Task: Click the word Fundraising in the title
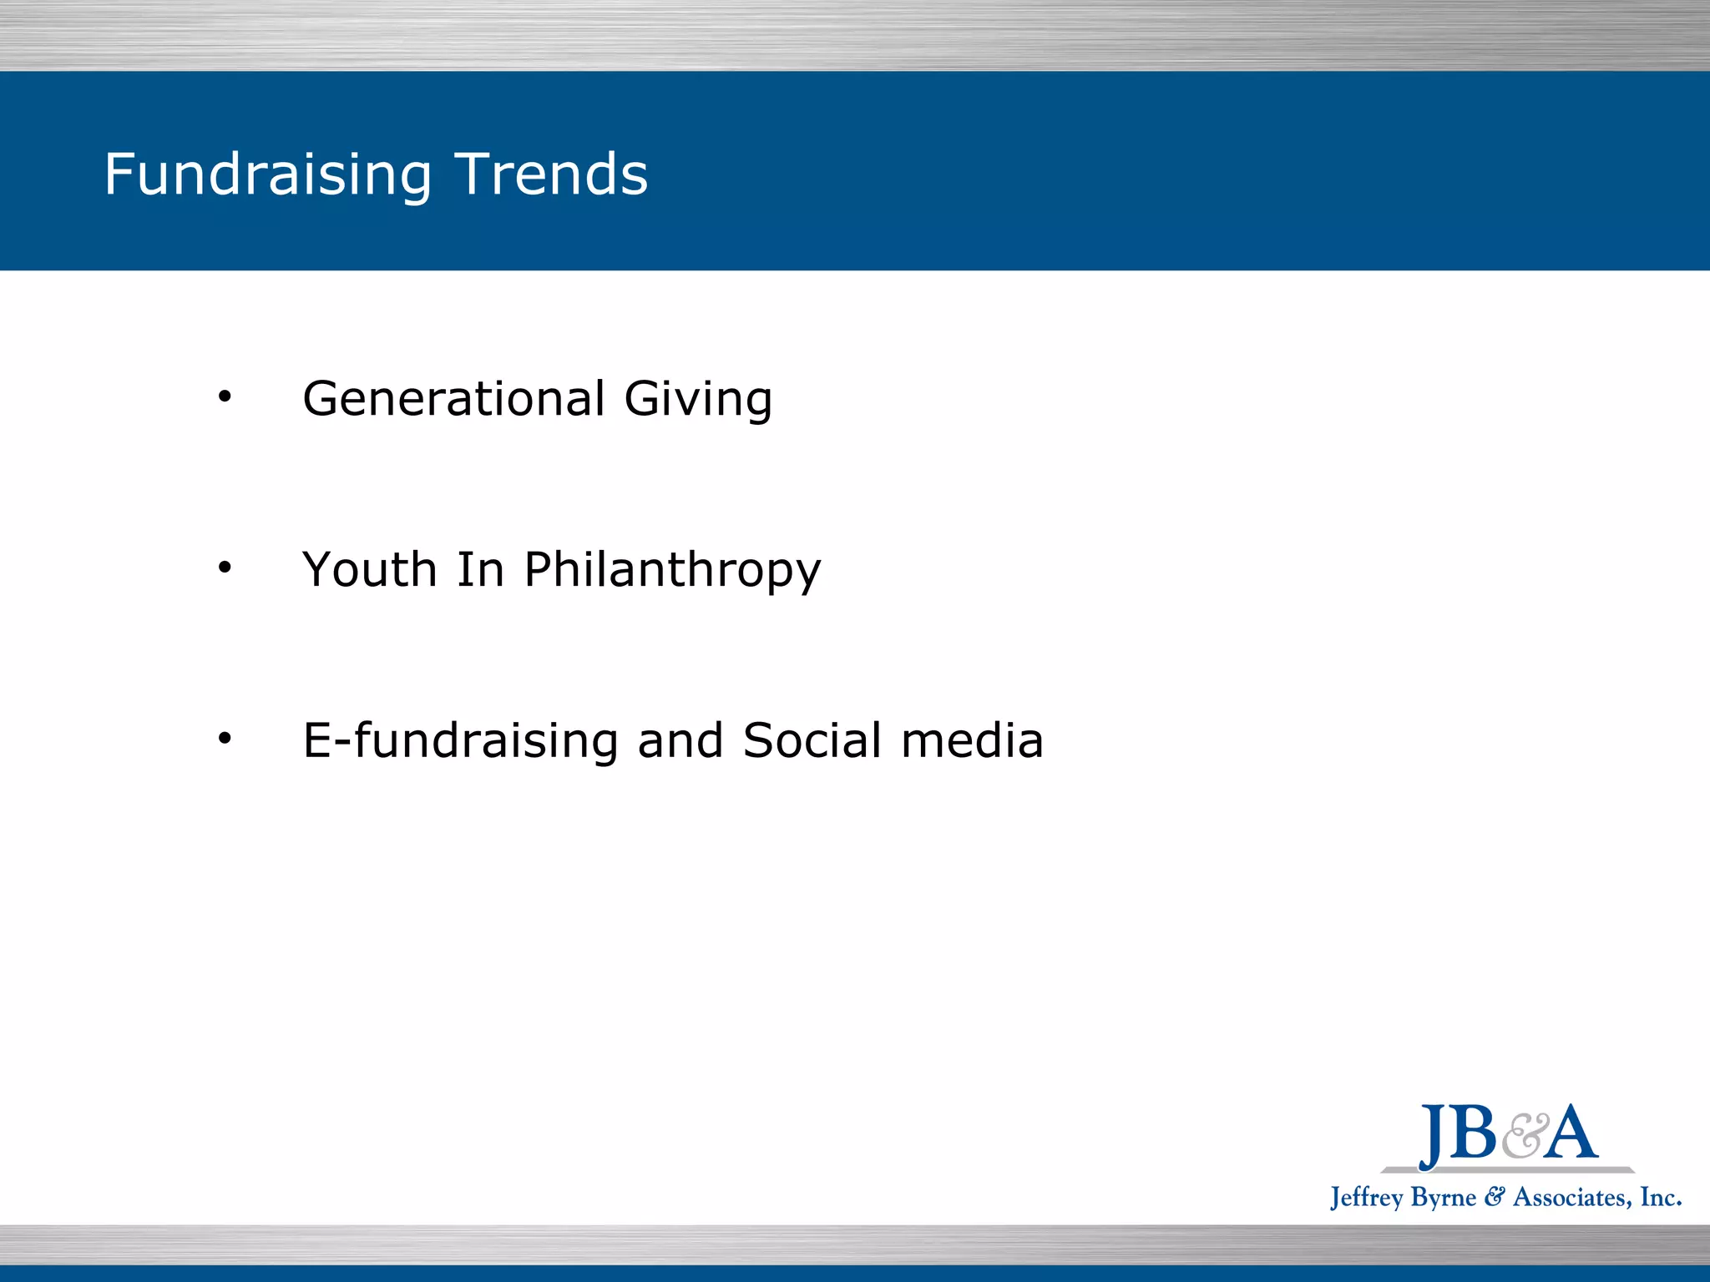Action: pos(267,175)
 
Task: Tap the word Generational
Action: pos(453,398)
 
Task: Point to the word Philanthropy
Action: pos(672,572)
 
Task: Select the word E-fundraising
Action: pos(460,740)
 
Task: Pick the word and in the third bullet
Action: pos(680,740)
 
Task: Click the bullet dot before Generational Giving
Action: pos(224,397)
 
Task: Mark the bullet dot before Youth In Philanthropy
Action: pos(224,568)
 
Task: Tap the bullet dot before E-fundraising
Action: pos(224,739)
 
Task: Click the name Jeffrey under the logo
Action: pos(1366,1198)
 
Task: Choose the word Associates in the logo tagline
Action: pos(1570,1198)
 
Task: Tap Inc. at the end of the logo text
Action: pos(1660,1197)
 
